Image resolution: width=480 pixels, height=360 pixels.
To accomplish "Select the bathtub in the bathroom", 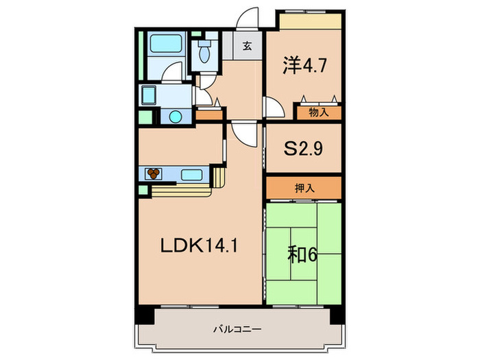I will (x=163, y=47).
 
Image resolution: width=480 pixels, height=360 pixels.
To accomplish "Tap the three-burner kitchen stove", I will (x=154, y=173).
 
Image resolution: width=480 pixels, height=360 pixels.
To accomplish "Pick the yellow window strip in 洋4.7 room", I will (x=309, y=20).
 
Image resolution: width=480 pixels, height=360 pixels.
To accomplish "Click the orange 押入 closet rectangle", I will (x=304, y=187).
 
